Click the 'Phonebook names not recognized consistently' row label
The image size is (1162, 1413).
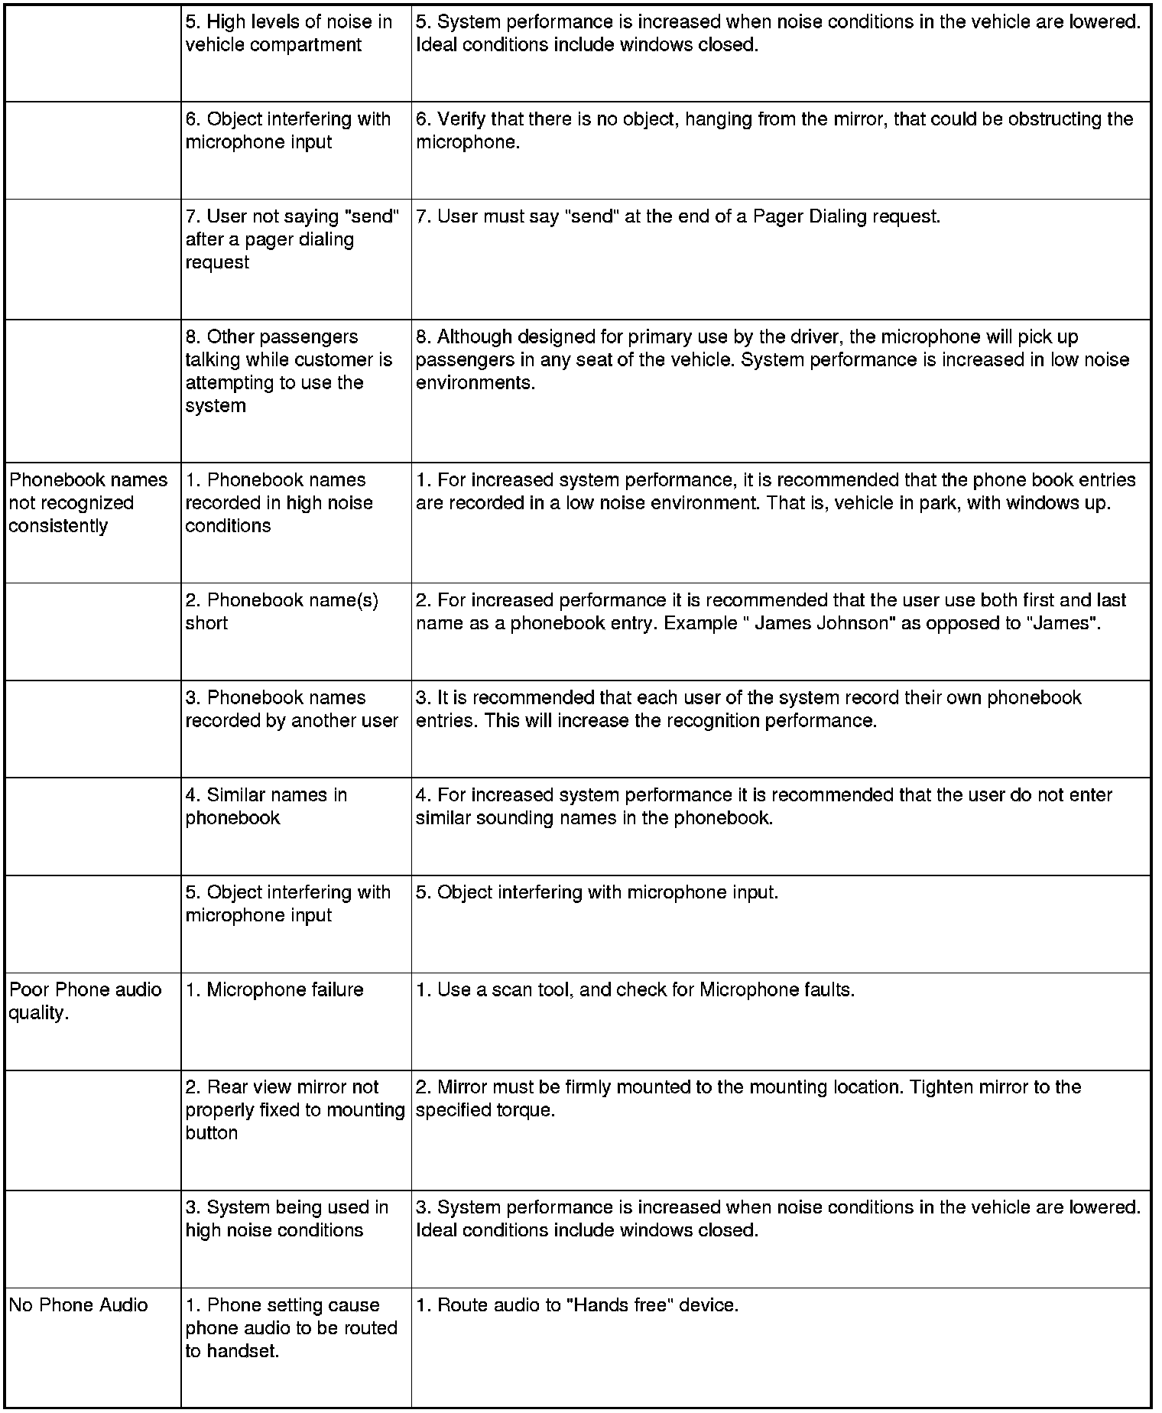[88, 502]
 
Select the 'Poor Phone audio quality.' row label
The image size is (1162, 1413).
[85, 1001]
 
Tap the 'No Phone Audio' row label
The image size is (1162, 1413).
[78, 1304]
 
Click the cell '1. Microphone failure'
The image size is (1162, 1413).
[274, 989]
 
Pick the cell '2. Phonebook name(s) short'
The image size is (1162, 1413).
[281, 611]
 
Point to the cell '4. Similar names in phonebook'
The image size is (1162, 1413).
[266, 806]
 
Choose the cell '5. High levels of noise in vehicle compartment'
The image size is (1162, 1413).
[288, 33]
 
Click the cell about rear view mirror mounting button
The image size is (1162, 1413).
[294, 1109]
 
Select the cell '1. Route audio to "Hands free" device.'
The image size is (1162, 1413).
[577, 1304]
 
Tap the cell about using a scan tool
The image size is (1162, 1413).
[635, 989]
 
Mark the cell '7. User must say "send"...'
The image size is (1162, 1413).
[677, 216]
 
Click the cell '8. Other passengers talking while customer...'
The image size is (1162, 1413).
[288, 371]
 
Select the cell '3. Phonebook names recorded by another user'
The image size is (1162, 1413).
[291, 709]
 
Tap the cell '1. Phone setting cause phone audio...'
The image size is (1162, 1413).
[291, 1327]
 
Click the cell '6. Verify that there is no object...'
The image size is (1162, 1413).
[774, 130]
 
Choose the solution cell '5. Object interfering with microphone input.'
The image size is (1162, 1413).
[596, 892]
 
